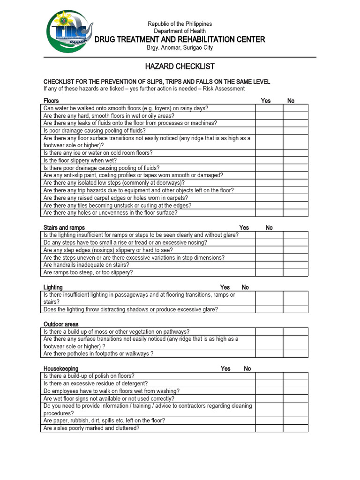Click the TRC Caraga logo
[69, 32]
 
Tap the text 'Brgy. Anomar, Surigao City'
[180, 48]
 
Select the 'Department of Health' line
[180, 31]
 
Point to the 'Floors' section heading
[51, 101]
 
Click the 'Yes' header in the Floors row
[266, 101]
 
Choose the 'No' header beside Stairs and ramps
[269, 228]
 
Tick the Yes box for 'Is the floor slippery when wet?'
[269, 160]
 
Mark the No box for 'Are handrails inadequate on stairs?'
[295, 265]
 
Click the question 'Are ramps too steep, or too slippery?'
[88, 272]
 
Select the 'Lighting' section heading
[53, 287]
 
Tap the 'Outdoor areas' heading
[61, 324]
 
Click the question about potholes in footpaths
[98, 354]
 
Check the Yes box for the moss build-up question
[269, 331]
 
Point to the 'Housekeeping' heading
[61, 369]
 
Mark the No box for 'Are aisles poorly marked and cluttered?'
[295, 428]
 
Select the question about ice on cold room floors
[98, 153]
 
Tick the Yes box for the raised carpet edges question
[269, 198]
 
